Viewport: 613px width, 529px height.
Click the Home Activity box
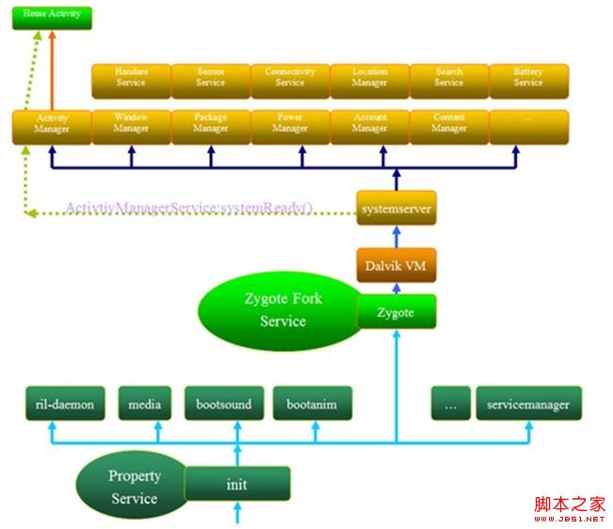click(x=52, y=16)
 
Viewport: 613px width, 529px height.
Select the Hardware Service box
click(x=131, y=78)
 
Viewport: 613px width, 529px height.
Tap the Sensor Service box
click(x=210, y=78)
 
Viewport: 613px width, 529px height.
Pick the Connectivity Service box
click(x=290, y=78)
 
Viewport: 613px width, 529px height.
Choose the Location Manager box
click(x=369, y=78)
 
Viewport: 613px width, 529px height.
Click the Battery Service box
click(x=528, y=78)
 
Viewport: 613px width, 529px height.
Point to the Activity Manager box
click(x=52, y=125)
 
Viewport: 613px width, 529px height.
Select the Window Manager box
click(x=131, y=125)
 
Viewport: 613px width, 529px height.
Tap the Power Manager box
click(x=290, y=125)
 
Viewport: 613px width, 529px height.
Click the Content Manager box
click(x=449, y=125)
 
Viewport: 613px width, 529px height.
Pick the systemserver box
click(x=396, y=209)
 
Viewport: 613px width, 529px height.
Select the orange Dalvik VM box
click(x=396, y=266)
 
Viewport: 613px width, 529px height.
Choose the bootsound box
click(x=224, y=405)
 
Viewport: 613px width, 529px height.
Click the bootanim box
click(x=313, y=405)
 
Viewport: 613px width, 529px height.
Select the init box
click(x=236, y=485)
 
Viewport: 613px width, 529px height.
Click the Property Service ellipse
click(x=132, y=487)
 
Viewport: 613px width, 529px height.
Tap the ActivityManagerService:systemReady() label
click(x=187, y=208)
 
